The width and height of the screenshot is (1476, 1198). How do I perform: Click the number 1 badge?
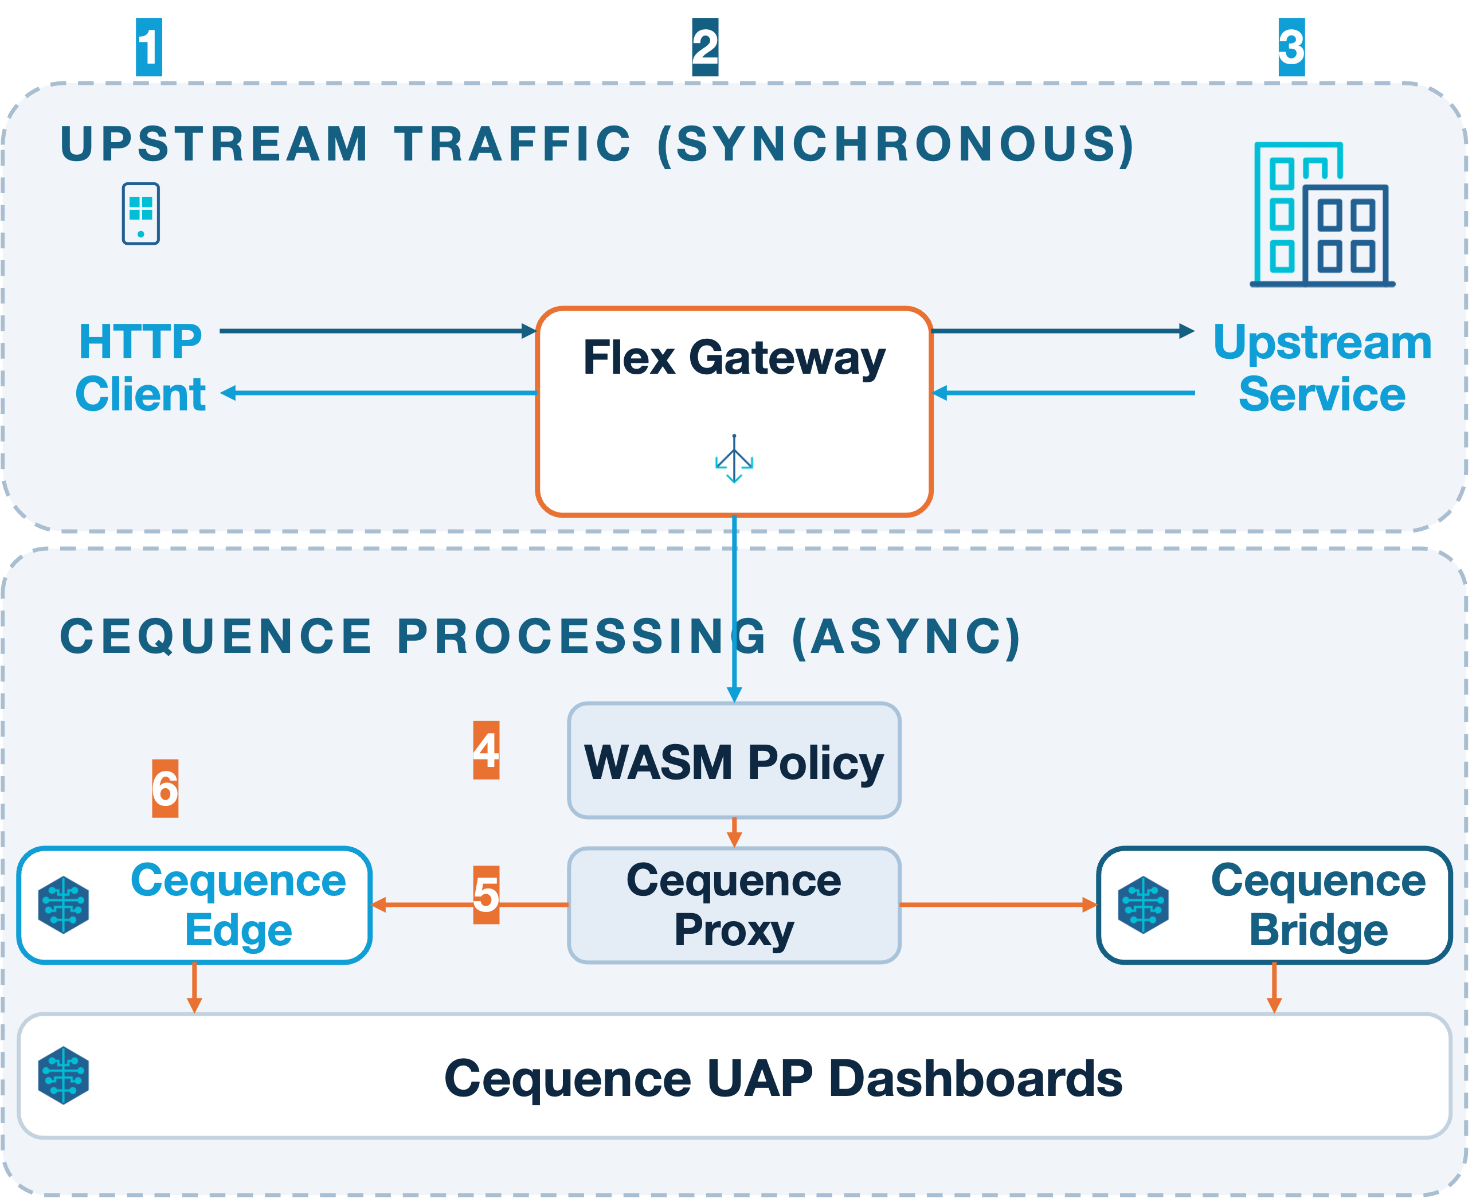coord(149,47)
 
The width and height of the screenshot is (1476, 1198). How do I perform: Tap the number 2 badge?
coord(705,47)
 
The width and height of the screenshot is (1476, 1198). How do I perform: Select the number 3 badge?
coord(1292,47)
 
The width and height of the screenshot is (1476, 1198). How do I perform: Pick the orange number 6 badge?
coord(166,789)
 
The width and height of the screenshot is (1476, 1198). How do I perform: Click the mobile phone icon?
coord(142,214)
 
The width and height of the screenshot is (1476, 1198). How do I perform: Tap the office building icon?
coord(1323,214)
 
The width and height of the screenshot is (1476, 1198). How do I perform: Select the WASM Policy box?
coord(734,761)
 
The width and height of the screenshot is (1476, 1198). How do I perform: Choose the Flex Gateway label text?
coord(734,358)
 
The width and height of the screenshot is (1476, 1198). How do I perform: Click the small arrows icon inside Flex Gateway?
coord(734,459)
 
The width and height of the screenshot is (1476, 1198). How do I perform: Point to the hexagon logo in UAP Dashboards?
coord(64,1076)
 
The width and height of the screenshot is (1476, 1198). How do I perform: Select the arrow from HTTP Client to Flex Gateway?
coord(378,331)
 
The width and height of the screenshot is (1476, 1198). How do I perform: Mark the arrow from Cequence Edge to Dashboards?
coord(194,988)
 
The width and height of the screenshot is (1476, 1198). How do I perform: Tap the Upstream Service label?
coord(1323,368)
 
